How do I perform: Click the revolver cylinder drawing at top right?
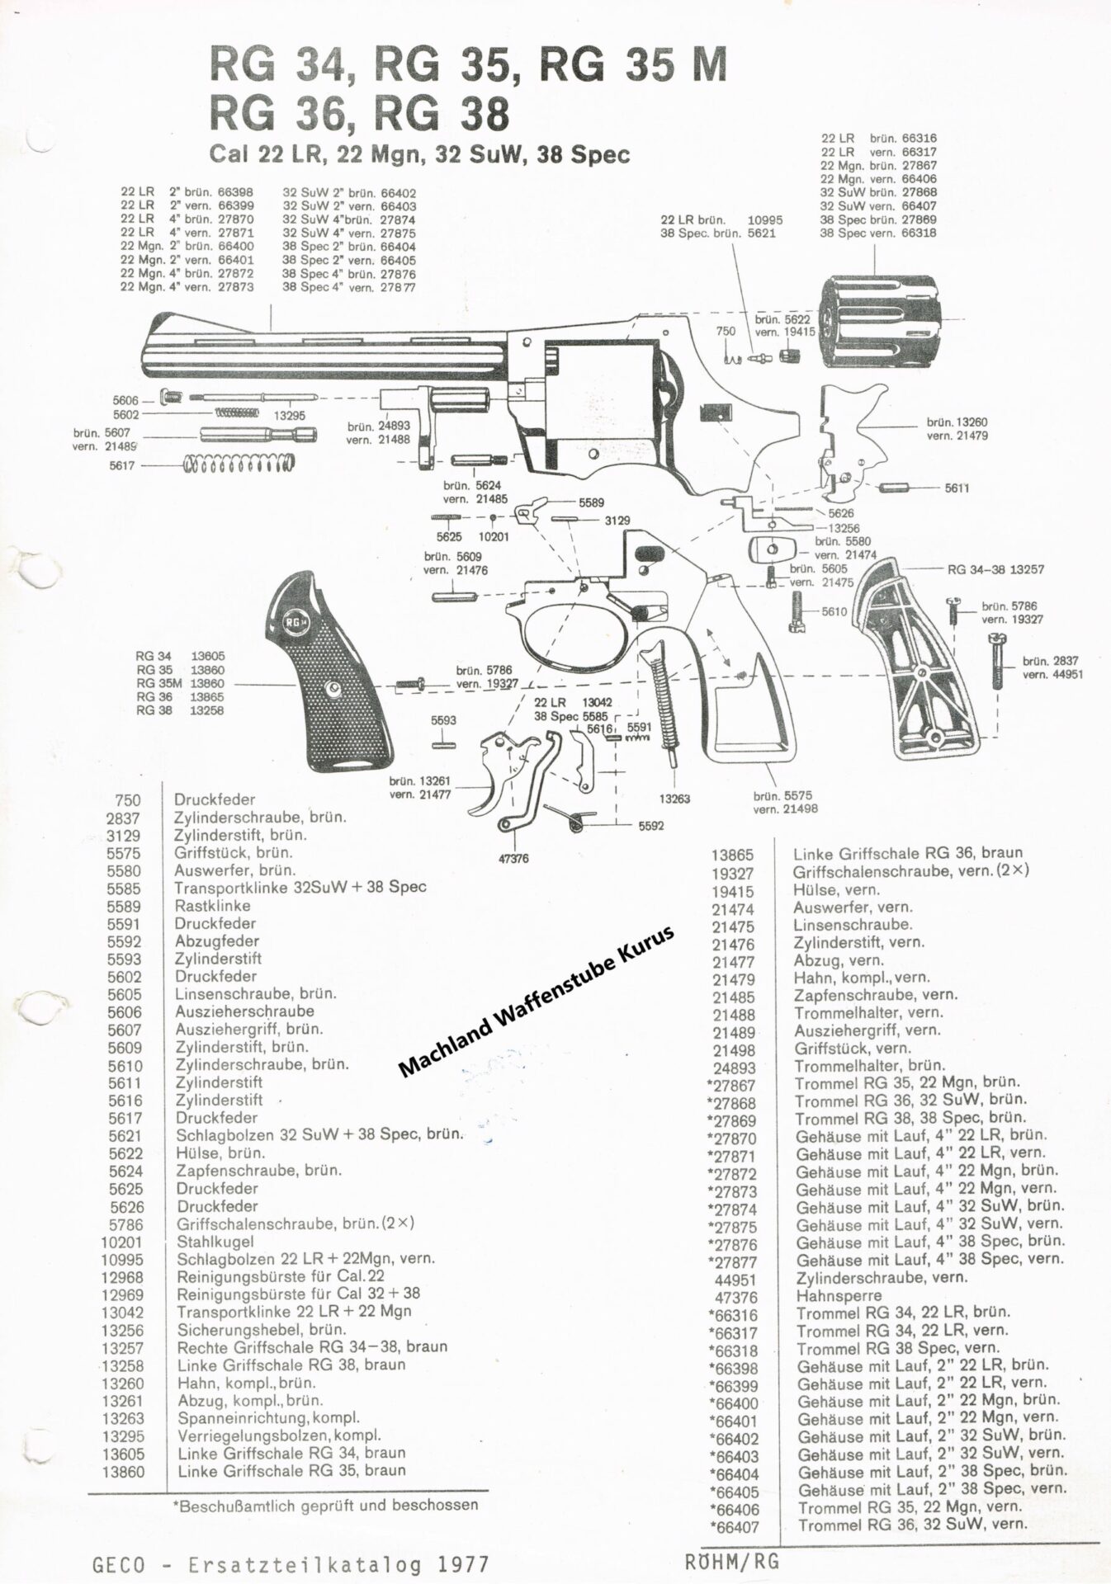pos(882,324)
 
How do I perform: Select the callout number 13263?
pos(674,799)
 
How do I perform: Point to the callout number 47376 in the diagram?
pos(513,859)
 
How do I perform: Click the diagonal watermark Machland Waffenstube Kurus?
pos(537,1001)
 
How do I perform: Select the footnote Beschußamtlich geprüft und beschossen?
pos(325,1504)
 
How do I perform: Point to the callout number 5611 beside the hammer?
pos(957,488)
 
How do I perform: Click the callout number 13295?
pos(290,415)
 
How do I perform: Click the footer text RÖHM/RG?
pos(731,1561)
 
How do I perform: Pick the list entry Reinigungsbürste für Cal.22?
pos(281,1276)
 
